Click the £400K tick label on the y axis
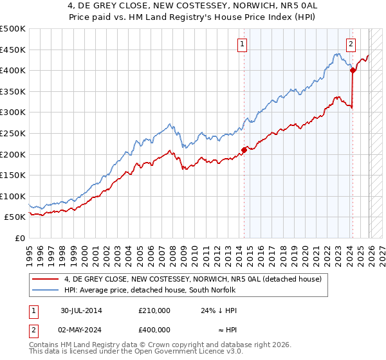click(13, 70)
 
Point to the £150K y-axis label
click(13, 175)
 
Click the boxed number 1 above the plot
click(243, 44)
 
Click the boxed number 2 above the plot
click(351, 44)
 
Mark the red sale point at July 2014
click(244, 150)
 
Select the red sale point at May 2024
click(353, 70)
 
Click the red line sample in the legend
click(46, 278)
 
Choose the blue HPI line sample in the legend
click(46, 290)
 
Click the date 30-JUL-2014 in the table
click(82, 310)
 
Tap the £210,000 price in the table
click(154, 310)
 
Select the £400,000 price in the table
click(154, 330)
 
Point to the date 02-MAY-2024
click(82, 330)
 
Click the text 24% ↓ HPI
click(219, 310)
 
